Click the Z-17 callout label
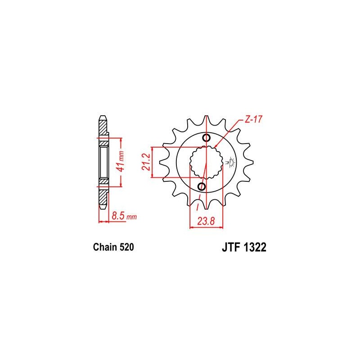[x=253, y=119]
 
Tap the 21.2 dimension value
[x=146, y=162]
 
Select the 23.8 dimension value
[x=206, y=221]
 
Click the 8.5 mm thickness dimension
[x=124, y=216]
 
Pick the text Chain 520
[x=113, y=247]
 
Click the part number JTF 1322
[x=244, y=247]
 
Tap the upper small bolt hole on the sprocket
[x=207, y=138]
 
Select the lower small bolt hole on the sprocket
[x=202, y=186]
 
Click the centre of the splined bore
[x=206, y=162]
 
